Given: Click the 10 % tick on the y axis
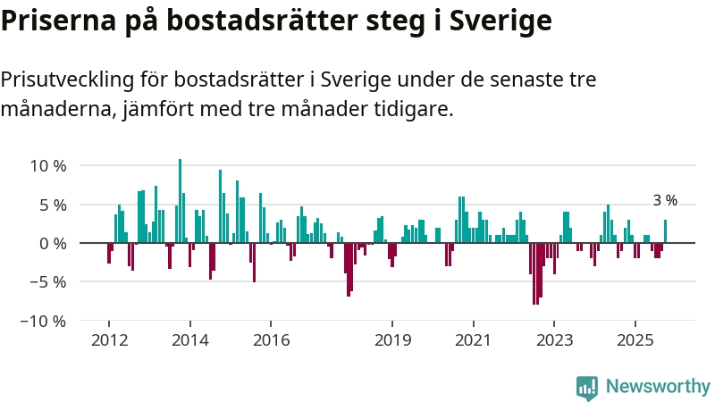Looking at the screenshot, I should tap(47, 165).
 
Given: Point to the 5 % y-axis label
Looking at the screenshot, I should tap(53, 205).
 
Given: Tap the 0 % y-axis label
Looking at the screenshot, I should tap(53, 243).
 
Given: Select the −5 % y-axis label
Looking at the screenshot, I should tap(47, 281).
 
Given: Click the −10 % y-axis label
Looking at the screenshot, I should tap(43, 321).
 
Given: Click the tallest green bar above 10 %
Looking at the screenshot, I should tap(180, 201).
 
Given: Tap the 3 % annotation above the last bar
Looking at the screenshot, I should tap(665, 201).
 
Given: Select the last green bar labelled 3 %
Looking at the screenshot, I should tap(665, 231).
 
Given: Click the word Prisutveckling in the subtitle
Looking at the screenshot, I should tap(66, 80).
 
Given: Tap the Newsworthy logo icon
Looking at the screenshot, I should tap(587, 387).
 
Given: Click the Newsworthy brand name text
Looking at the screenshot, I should tap(658, 387).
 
